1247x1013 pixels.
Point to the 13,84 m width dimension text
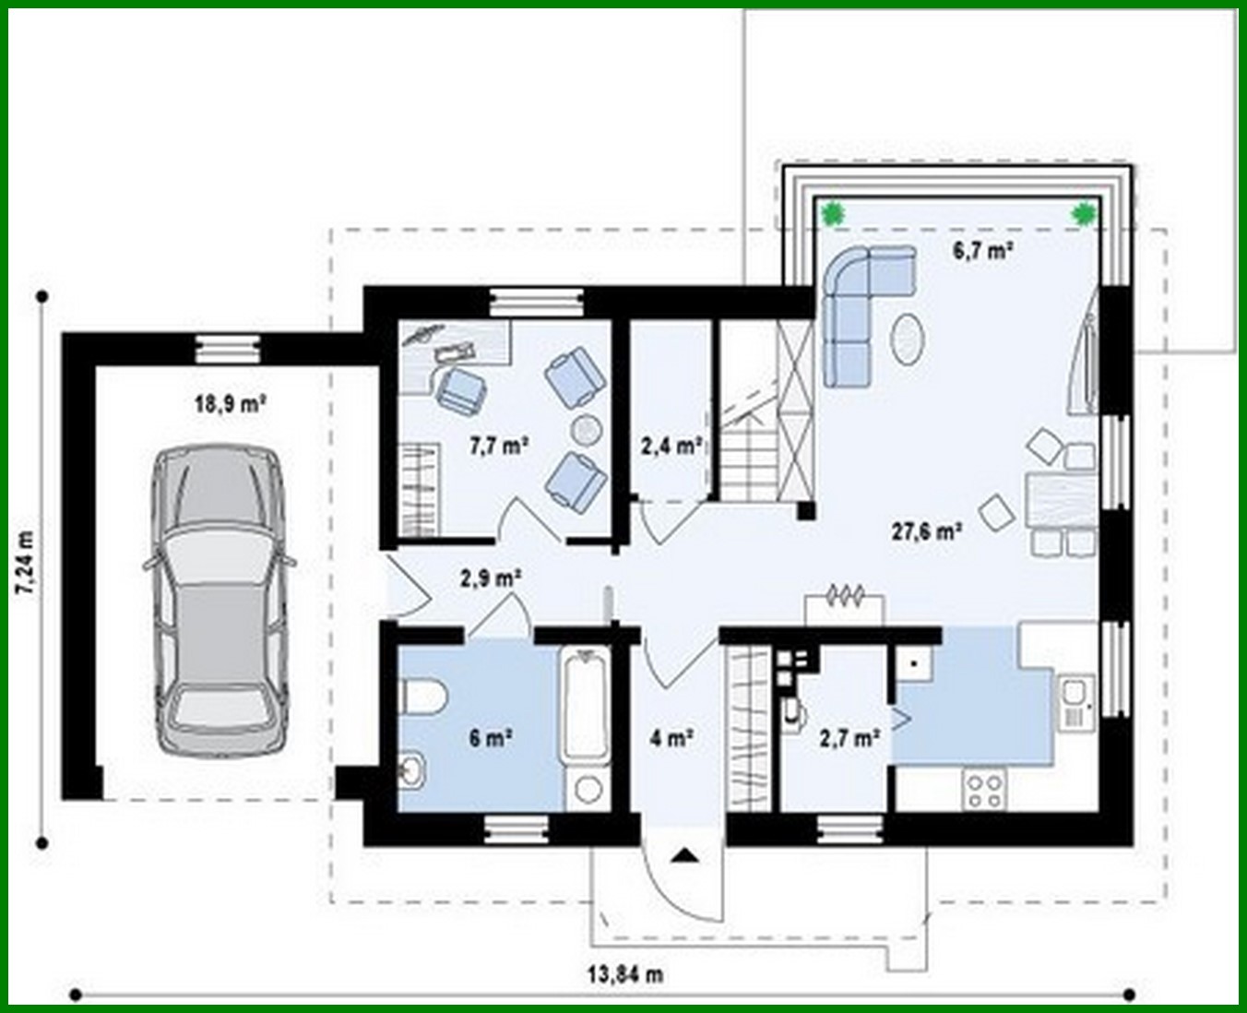pyautogui.click(x=625, y=974)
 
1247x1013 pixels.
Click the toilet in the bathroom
pyautogui.click(x=423, y=697)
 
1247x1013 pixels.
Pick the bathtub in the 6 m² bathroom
pyautogui.click(x=584, y=706)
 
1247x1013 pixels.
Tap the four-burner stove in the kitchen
pyautogui.click(x=984, y=789)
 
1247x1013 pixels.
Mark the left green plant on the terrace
pyautogui.click(x=835, y=213)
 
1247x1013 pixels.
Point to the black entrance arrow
pyautogui.click(x=683, y=855)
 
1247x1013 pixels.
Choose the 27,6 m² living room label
pyautogui.click(x=927, y=531)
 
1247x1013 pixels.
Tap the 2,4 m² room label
pyautogui.click(x=671, y=447)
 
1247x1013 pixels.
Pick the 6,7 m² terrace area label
pyautogui.click(x=984, y=250)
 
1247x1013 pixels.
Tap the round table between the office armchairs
pyautogui.click(x=587, y=428)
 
